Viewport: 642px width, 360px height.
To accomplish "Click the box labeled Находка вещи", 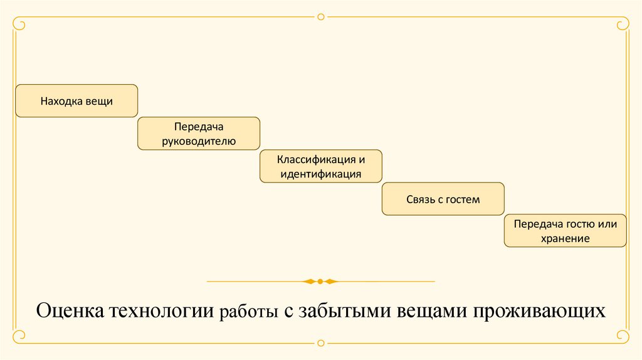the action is pyautogui.click(x=76, y=100).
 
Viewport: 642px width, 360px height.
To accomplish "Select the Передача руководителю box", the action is pyautogui.click(x=198, y=133).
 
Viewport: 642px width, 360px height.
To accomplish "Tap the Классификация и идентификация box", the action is pyautogui.click(x=320, y=166).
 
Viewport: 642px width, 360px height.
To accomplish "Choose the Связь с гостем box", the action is pyautogui.click(x=443, y=199).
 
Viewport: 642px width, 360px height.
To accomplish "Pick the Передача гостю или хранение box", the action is pyautogui.click(x=565, y=231).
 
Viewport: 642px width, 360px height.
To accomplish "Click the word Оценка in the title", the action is pyautogui.click(x=70, y=310).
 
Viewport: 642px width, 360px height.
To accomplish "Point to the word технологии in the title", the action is pyautogui.click(x=162, y=310).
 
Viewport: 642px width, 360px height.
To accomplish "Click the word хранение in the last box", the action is pyautogui.click(x=565, y=239).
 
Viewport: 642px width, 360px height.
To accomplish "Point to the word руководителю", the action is pyautogui.click(x=199, y=141).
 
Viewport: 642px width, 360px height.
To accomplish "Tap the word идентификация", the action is pyautogui.click(x=320, y=174).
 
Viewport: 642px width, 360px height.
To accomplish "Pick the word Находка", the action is pyautogui.click(x=59, y=100).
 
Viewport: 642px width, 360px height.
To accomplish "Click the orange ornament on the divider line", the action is pyautogui.click(x=320, y=281).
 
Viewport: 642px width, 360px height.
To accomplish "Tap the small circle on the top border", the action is pyautogui.click(x=321, y=17).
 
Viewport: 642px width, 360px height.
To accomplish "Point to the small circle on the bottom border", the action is pyautogui.click(x=321, y=343).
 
